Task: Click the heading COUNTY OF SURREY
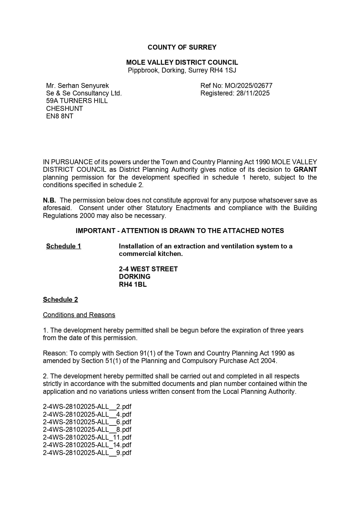182,47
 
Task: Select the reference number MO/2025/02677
248,86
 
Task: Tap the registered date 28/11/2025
253,93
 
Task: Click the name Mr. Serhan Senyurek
77,86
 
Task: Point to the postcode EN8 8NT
59,116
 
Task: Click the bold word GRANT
305,169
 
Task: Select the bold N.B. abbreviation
49,200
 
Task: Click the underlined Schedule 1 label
64,246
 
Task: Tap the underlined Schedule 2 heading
60,299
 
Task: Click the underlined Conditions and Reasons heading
79,315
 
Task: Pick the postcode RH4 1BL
133,284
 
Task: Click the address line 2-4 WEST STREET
148,269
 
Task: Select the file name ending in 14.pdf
87,445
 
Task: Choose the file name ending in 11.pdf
87,437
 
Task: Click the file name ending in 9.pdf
87,453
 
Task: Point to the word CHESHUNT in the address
64,109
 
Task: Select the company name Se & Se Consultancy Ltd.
84,93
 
